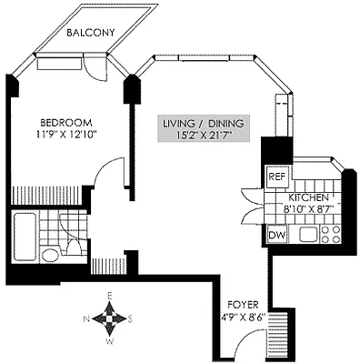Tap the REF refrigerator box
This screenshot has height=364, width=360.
[276, 177]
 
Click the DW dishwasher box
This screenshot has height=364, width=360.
[276, 235]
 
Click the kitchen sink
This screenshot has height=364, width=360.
[307, 236]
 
